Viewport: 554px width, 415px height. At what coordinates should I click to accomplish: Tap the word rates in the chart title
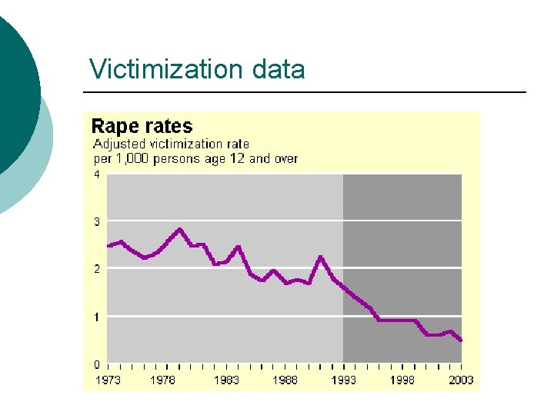tap(169, 126)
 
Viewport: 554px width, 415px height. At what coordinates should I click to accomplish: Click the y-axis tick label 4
tap(97, 174)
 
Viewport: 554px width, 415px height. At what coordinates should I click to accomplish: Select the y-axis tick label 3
tap(97, 221)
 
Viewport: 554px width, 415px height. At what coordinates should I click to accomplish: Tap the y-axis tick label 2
tap(97, 269)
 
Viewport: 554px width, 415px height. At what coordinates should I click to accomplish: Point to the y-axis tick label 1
tap(97, 317)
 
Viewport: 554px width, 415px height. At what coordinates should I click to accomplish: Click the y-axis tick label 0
tap(97, 364)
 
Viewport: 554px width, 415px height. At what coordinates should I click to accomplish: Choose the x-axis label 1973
tap(107, 380)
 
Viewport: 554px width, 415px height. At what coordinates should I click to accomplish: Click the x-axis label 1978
tap(162, 380)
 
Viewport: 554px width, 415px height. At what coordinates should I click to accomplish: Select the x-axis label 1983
tap(226, 380)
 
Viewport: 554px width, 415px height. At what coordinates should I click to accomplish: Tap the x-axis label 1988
tap(285, 380)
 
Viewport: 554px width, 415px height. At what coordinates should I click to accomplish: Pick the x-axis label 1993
tap(343, 380)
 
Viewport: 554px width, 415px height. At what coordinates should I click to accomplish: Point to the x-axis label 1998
tap(402, 380)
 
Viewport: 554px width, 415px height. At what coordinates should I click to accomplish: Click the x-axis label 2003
tap(461, 380)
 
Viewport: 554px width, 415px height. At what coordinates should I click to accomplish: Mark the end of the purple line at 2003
tap(461, 340)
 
